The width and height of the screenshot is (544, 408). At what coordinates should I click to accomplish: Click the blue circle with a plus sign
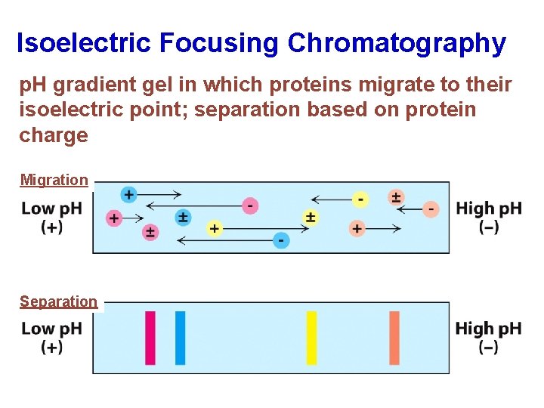click(x=128, y=195)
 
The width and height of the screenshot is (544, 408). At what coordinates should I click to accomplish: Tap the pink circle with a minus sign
click(x=250, y=205)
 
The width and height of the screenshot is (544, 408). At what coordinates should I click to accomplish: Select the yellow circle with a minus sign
click(x=361, y=199)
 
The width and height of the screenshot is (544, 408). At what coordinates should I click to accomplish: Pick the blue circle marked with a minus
click(x=280, y=240)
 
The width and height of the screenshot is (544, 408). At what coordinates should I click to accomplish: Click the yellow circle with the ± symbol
click(x=310, y=218)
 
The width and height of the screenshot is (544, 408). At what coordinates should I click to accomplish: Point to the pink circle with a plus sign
click(x=114, y=218)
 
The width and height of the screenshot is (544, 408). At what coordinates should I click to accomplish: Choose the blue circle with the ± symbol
click(x=183, y=218)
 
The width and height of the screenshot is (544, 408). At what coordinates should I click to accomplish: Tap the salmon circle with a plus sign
click(x=357, y=228)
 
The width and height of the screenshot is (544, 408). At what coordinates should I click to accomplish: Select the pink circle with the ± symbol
click(x=150, y=232)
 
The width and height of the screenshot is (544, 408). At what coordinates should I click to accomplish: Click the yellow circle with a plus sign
click(x=215, y=228)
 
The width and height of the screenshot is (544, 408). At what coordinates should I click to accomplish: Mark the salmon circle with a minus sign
click(x=431, y=209)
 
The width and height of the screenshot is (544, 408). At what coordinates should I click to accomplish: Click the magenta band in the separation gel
click(x=150, y=338)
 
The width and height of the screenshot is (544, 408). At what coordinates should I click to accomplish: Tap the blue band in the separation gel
click(x=180, y=338)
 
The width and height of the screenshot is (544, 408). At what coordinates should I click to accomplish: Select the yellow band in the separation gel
click(x=311, y=338)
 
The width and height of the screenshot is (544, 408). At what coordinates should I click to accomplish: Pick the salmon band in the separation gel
click(x=394, y=338)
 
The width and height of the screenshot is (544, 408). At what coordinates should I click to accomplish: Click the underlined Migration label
click(x=54, y=180)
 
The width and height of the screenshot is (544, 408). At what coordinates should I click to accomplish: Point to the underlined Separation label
click(x=58, y=301)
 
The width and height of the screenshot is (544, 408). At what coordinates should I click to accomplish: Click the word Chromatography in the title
click(x=396, y=43)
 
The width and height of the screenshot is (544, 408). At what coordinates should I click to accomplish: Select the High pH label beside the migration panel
click(x=488, y=209)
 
